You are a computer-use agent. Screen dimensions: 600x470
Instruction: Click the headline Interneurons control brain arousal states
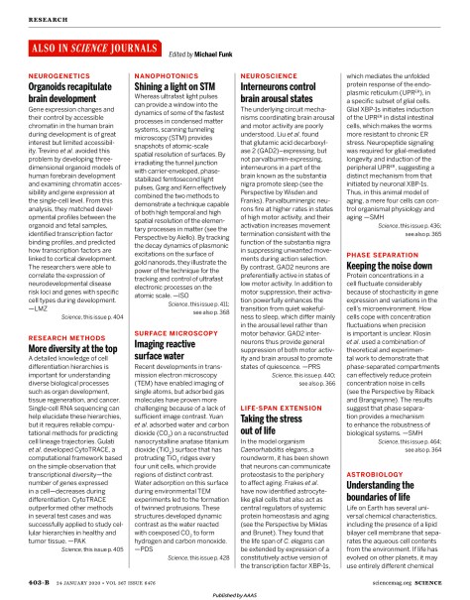[x=284, y=89]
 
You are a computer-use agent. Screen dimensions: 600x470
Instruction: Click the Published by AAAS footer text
[x=235, y=592]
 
